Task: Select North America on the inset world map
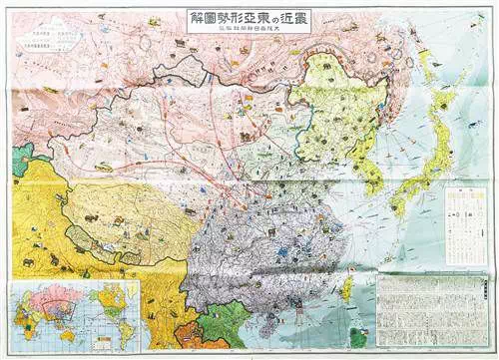coord(100,299)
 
